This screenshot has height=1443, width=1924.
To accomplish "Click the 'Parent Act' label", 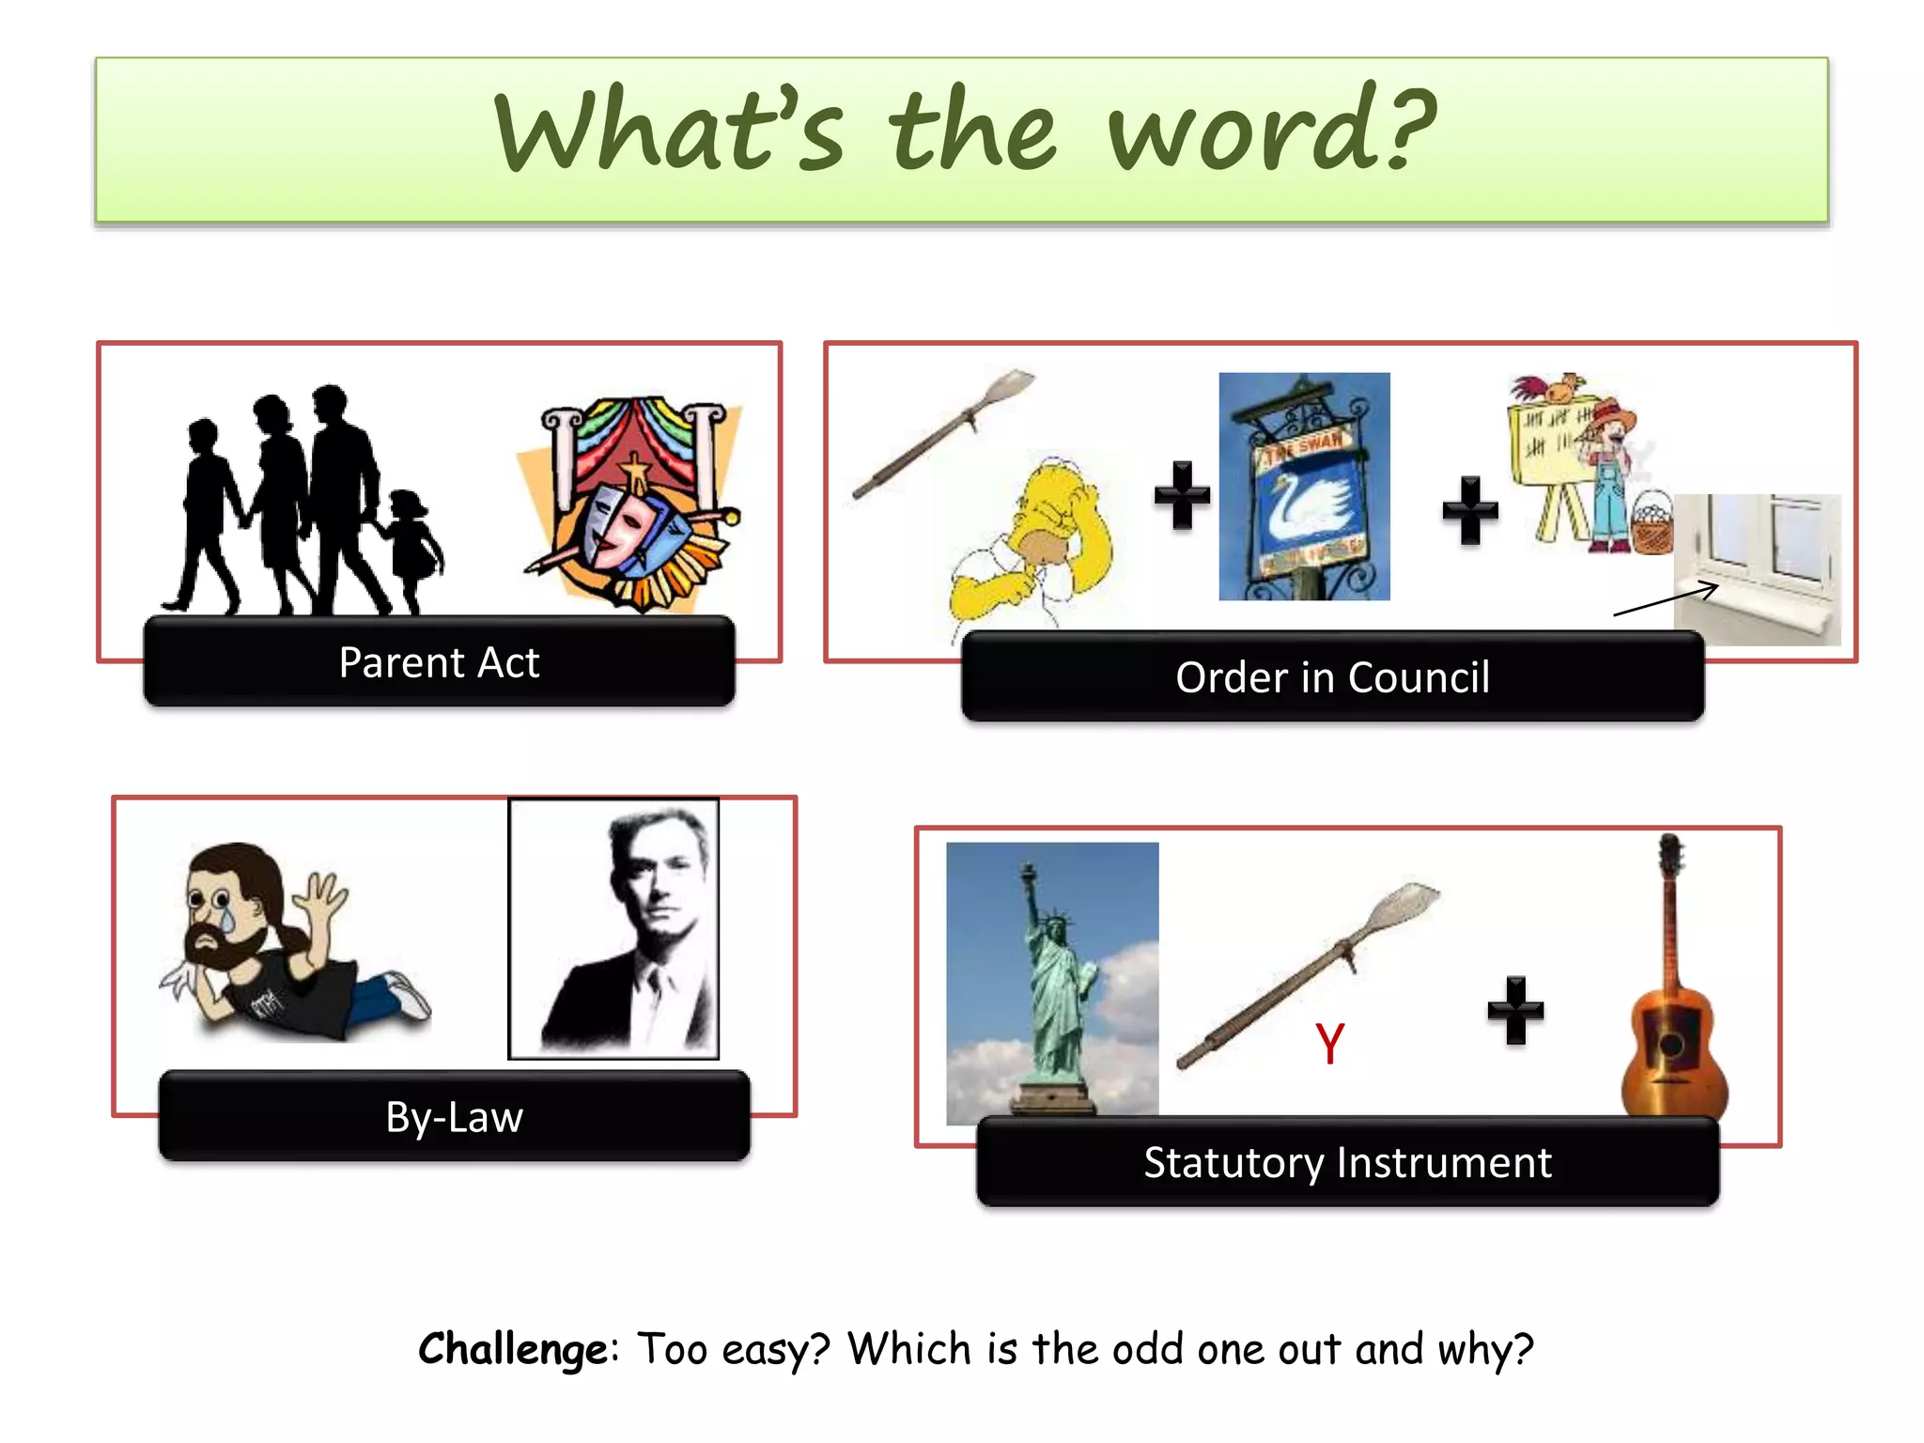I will pyautogui.click(x=439, y=662).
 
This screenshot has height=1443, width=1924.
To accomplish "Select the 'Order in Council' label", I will pyautogui.click(x=1332, y=677).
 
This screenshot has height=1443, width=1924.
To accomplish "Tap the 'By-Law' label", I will pyautogui.click(x=454, y=1117).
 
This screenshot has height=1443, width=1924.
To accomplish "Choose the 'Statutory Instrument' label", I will pyautogui.click(x=1347, y=1162).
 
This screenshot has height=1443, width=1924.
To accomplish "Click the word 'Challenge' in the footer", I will pyautogui.click(x=513, y=1349).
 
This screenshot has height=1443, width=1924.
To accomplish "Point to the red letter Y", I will pyautogui.click(x=1329, y=1044).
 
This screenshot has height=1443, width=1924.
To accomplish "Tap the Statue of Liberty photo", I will pyautogui.click(x=1052, y=982).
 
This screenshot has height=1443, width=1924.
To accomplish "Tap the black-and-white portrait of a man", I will pyautogui.click(x=613, y=929).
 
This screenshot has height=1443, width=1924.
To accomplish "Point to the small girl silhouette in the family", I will pyautogui.click(x=411, y=550).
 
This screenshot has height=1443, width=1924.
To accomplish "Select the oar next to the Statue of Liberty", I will pyautogui.click(x=1306, y=977).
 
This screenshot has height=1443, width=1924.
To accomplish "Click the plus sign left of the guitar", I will pyautogui.click(x=1515, y=1010).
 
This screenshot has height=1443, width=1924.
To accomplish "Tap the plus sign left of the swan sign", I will pyautogui.click(x=1182, y=495).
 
